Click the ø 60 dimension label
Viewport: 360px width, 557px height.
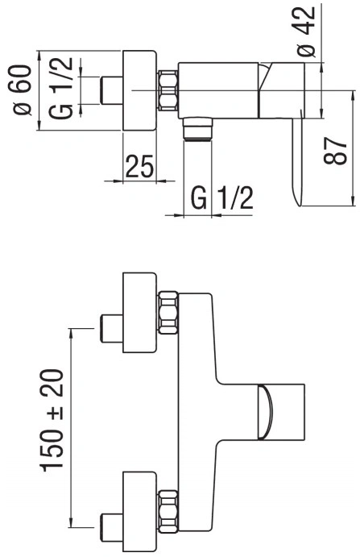(x=22, y=90)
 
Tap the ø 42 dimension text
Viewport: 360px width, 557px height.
(x=306, y=31)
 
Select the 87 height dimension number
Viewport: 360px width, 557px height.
(x=335, y=151)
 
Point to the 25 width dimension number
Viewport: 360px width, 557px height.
(x=139, y=166)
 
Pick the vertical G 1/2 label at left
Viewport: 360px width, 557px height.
(x=61, y=88)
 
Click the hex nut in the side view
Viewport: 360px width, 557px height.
(x=168, y=90)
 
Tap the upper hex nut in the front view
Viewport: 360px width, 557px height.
(x=168, y=313)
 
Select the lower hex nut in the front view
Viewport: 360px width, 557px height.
(x=168, y=512)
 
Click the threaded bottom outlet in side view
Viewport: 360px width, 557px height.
(x=198, y=130)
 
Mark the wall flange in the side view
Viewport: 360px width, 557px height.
(x=139, y=90)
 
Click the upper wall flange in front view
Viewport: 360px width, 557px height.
(x=139, y=313)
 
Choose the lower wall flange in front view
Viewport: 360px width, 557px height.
(x=139, y=512)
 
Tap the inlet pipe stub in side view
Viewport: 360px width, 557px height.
(x=112, y=90)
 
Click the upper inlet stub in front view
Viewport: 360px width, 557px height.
(x=112, y=328)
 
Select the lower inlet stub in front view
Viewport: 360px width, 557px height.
(x=112, y=527)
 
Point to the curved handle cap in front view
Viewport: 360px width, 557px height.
(x=266, y=412)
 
